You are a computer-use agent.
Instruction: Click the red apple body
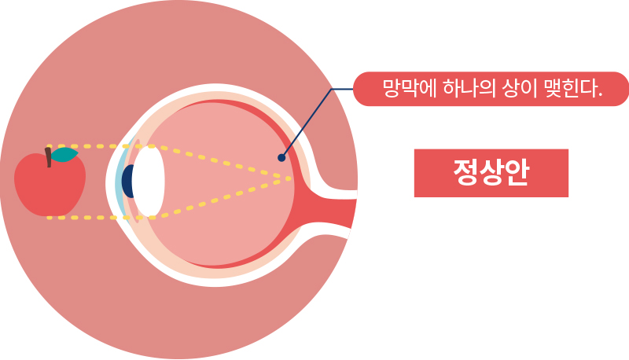tap(49, 189)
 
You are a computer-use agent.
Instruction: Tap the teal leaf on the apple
tap(65, 155)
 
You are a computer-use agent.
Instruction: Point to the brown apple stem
tap(49, 158)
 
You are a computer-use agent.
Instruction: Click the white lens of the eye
tap(149, 182)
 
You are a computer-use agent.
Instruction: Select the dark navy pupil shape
tap(127, 182)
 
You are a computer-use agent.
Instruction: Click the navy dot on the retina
tap(281, 158)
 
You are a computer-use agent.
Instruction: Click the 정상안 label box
tap(491, 173)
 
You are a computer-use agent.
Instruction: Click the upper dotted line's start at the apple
tap(49, 146)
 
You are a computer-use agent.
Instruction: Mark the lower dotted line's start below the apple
tap(49, 217)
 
